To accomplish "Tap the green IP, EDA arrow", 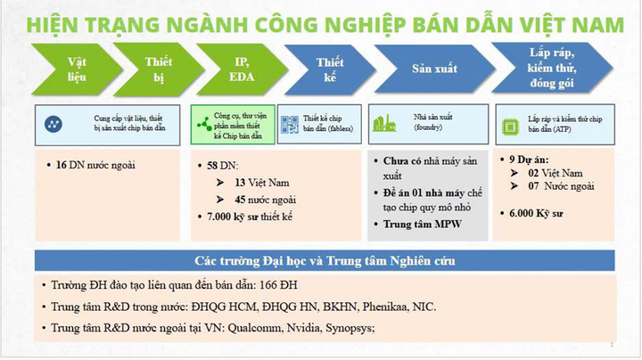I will click(240, 69).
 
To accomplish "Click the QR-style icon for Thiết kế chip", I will click(289, 125).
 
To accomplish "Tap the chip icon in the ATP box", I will click(510, 125).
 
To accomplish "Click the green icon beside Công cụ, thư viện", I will click(204, 125).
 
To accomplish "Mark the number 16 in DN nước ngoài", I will click(62, 166).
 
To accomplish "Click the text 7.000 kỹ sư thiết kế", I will click(251, 217).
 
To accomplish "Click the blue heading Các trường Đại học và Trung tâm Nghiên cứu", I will click(325, 261).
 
